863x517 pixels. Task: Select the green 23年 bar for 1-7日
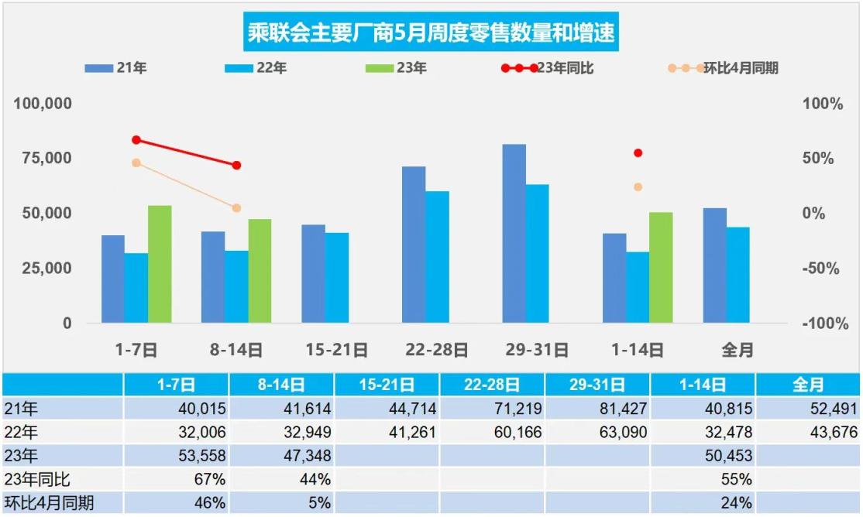160,264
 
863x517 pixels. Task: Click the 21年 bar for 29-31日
514,233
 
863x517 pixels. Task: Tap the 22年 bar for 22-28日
437,257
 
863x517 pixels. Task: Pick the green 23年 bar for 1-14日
661,267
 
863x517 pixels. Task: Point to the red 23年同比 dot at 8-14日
236,166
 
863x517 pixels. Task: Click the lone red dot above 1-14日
638,153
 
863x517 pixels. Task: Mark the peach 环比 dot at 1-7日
136,163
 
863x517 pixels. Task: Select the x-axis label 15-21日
336,350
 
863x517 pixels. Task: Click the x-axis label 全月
738,350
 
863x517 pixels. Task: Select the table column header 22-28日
491,385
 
